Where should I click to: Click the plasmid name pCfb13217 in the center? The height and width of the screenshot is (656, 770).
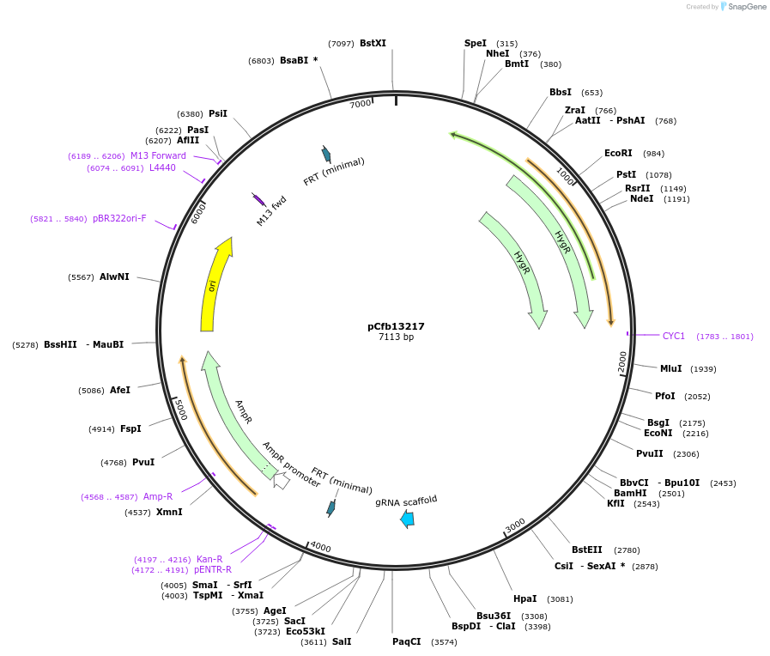(396, 326)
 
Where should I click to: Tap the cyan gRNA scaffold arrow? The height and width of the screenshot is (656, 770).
(407, 518)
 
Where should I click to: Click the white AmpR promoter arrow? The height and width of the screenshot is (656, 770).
(281, 481)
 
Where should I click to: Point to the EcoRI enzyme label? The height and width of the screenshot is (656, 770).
(618, 154)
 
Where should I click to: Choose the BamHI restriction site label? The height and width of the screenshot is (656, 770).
(630, 493)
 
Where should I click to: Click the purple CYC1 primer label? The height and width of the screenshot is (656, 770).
(674, 336)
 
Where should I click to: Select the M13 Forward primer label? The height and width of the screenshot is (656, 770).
(158, 155)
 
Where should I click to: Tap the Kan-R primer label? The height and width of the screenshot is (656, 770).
(209, 559)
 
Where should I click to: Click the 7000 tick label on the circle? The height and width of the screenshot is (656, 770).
(360, 104)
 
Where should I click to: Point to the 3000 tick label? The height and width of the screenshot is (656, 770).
(514, 525)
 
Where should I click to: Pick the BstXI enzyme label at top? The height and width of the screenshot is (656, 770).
(373, 43)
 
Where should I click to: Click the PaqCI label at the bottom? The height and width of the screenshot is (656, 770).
(407, 641)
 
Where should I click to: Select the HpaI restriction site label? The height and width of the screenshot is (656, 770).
(524, 598)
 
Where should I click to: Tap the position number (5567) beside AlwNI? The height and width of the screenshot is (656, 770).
(81, 276)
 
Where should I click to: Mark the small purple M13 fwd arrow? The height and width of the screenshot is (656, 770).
(258, 199)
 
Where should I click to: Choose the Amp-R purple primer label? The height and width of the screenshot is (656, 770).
(158, 496)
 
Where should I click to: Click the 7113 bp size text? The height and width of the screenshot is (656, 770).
(396, 337)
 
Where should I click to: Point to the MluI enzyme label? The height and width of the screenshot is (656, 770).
(670, 368)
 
